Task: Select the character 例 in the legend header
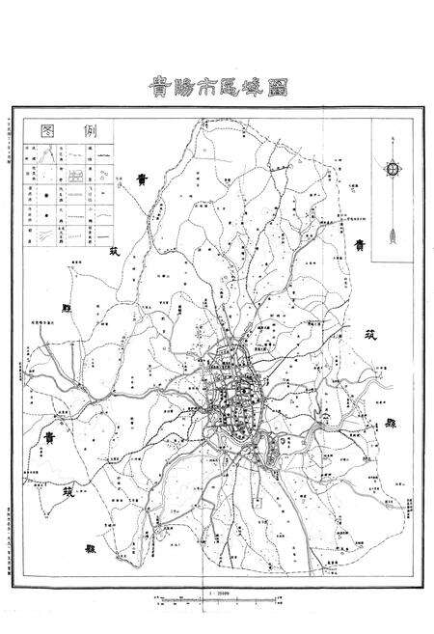click(92, 131)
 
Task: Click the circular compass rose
click(393, 169)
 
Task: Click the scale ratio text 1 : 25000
click(219, 593)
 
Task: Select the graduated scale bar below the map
click(219, 602)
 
